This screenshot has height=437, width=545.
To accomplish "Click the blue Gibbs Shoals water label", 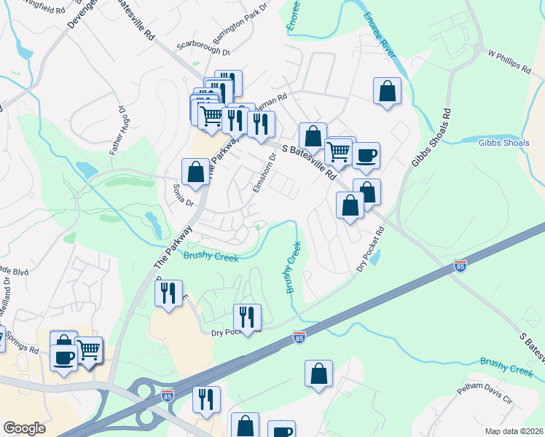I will [x=503, y=143].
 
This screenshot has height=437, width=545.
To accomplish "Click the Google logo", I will [x=24, y=428].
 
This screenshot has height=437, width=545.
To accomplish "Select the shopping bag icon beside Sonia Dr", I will [x=195, y=173].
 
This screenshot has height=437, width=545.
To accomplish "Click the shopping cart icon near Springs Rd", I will [x=89, y=351].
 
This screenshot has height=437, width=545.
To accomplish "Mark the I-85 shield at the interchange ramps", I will [x=168, y=395].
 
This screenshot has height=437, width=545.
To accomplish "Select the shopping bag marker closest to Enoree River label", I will [x=388, y=92].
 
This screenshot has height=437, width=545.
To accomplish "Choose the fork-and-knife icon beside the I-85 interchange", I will [x=206, y=398].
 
